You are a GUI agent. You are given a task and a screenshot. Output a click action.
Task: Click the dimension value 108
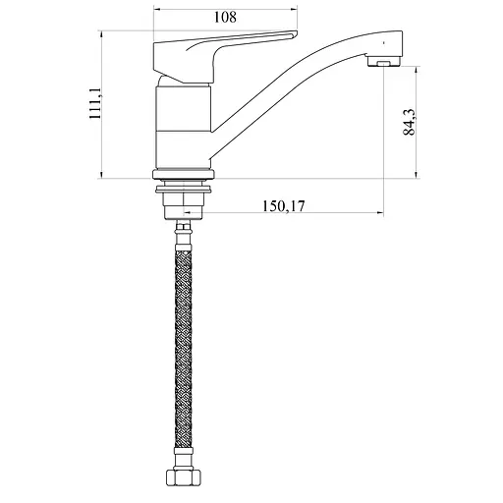225,17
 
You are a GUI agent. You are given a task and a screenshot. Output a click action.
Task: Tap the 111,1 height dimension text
96,103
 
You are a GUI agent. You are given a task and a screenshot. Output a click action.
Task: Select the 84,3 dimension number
410,122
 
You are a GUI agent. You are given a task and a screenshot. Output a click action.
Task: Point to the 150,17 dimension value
284,206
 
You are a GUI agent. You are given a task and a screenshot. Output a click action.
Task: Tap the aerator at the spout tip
384,61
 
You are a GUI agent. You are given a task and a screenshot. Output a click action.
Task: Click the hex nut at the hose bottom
183,477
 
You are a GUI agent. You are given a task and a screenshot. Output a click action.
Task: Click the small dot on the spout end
384,42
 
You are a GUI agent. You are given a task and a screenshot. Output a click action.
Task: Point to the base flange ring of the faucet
184,174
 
